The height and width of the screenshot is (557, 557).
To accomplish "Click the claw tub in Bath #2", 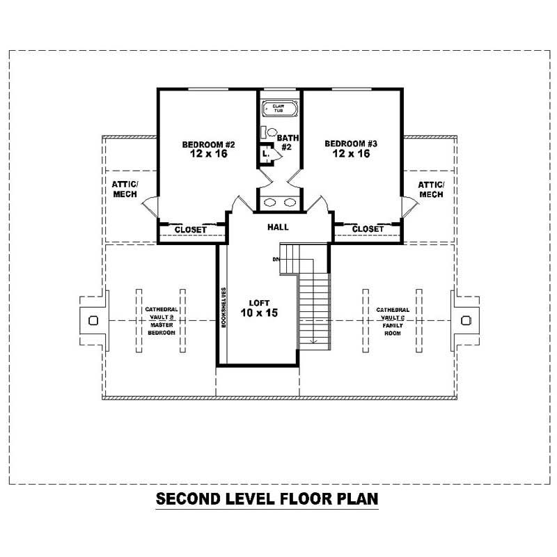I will (278, 109).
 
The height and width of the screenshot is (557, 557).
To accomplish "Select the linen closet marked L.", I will (265, 155).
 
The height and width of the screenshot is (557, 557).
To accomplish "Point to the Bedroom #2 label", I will (209, 144).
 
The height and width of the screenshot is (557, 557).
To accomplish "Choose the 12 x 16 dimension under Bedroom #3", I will (351, 154).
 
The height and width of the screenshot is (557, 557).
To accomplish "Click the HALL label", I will (278, 227).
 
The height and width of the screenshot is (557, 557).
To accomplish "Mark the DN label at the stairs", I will (276, 260).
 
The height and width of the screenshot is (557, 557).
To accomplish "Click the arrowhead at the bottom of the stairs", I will (314, 340).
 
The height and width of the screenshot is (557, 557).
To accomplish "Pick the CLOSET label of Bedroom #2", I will (190, 229).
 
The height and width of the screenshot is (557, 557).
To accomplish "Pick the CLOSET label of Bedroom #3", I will (368, 229).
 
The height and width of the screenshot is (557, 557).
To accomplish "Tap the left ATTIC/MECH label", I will (125, 189).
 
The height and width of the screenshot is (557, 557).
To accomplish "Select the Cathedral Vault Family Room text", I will (393, 321).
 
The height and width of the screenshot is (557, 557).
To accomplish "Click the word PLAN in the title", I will (352, 499).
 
